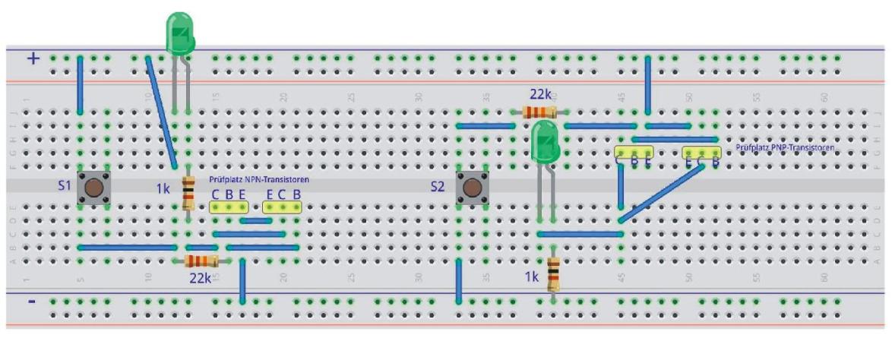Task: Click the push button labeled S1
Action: click(x=94, y=187)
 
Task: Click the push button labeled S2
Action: click(x=472, y=187)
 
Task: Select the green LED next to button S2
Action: click(x=546, y=142)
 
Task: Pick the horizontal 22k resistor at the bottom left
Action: click(x=201, y=261)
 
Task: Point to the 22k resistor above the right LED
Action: click(x=539, y=112)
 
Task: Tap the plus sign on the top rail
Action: click(x=33, y=58)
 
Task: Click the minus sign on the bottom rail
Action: click(x=31, y=302)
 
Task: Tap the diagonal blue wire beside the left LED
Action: click(x=162, y=111)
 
